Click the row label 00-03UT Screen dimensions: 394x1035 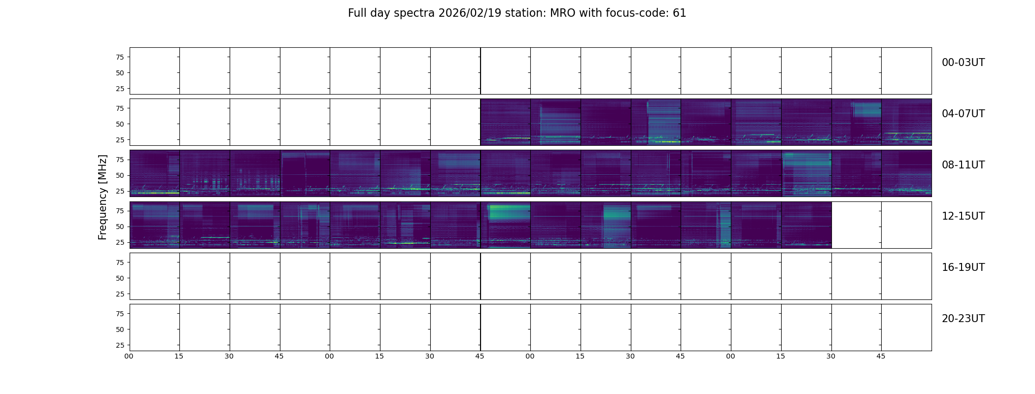[963, 63]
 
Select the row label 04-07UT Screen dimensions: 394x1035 [963, 114]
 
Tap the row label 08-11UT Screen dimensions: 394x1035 [963, 165]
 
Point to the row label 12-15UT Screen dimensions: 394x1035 [963, 216]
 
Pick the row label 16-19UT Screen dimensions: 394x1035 [963, 267]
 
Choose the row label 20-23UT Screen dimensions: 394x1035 [963, 319]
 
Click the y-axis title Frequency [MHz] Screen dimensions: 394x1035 [103, 197]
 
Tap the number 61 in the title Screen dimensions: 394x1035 [680, 13]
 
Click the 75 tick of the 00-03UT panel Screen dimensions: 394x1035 [120, 57]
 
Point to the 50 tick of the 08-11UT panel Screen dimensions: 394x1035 [120, 175]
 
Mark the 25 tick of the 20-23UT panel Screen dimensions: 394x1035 [120, 345]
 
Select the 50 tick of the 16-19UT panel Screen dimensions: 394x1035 [120, 278]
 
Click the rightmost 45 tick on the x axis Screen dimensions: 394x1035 [881, 356]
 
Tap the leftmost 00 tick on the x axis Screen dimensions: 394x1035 [129, 356]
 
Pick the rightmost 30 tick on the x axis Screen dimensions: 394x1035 [831, 356]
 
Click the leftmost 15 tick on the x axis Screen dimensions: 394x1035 [179, 356]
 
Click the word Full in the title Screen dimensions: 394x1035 [357, 13]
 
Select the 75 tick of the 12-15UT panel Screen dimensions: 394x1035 [120, 211]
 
